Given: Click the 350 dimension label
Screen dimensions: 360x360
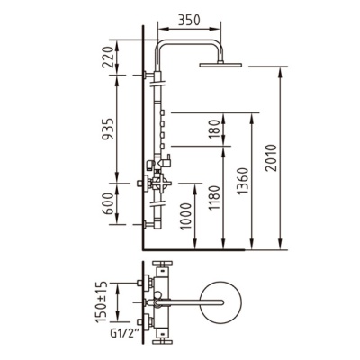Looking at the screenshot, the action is pyautogui.click(x=189, y=21).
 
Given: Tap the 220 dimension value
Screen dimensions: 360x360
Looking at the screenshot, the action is pyautogui.click(x=108, y=58).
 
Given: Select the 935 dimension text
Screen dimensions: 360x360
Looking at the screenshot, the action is pyautogui.click(x=108, y=130).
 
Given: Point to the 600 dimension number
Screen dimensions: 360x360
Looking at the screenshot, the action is pyautogui.click(x=108, y=203).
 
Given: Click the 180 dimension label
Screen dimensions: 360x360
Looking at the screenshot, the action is pyautogui.click(x=214, y=130).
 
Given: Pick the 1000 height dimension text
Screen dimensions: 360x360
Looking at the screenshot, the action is pyautogui.click(x=186, y=216).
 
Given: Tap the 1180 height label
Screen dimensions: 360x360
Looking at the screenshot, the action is pyautogui.click(x=214, y=198).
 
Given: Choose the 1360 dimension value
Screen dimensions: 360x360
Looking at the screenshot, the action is pyautogui.click(x=243, y=181).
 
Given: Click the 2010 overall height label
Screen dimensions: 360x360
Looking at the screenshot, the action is pyautogui.click(x=272, y=157).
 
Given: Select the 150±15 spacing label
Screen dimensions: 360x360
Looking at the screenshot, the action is pyautogui.click(x=101, y=302).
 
